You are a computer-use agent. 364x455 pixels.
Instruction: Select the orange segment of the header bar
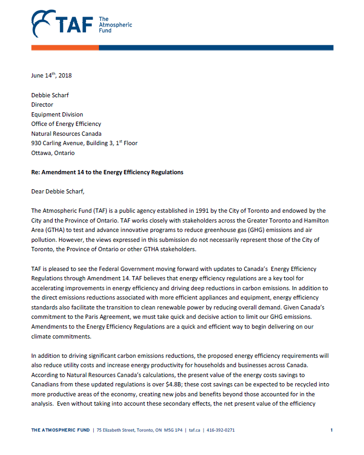coord(65,47)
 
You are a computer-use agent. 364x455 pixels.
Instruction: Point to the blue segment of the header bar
coord(216,47)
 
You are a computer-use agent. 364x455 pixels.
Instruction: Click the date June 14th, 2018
coord(52,75)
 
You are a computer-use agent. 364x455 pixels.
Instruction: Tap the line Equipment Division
coord(57,114)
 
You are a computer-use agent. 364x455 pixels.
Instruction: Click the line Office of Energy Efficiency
coord(66,124)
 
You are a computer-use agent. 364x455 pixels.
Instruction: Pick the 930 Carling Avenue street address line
coord(84,143)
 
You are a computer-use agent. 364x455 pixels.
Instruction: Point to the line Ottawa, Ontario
coord(53,153)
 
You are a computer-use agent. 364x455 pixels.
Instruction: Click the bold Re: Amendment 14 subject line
coord(107,172)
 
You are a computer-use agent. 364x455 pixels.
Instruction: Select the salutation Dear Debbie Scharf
coord(57,191)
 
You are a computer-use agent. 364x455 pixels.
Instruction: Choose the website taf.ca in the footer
coord(195,430)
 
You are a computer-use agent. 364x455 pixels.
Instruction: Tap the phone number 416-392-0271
coord(221,430)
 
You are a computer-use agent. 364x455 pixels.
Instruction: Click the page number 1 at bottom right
coord(331,430)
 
